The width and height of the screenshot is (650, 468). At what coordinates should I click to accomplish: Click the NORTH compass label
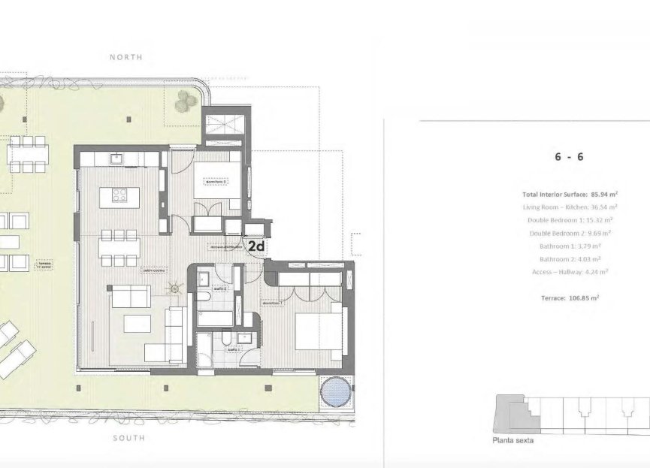125,57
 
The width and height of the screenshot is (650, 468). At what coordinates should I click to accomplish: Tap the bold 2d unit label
256,246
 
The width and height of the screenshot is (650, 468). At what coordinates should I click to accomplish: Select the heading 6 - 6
569,157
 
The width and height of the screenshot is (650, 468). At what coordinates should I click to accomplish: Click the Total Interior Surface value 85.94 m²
603,194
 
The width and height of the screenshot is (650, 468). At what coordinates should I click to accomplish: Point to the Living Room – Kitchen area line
569,207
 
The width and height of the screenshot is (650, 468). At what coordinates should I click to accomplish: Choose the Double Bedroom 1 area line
569,219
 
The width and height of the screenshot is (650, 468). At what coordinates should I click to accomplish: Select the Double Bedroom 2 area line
570,233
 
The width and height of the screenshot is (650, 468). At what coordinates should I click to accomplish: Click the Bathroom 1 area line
570,246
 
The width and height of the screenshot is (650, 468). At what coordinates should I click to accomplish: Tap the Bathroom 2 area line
570,258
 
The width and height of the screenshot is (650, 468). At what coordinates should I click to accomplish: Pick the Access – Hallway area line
569,271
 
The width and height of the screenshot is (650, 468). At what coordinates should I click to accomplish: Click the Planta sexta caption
512,440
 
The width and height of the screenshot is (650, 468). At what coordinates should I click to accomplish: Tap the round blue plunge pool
333,391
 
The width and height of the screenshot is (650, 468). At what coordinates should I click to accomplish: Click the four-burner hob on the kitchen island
120,195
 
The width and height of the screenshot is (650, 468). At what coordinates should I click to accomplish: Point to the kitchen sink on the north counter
116,159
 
